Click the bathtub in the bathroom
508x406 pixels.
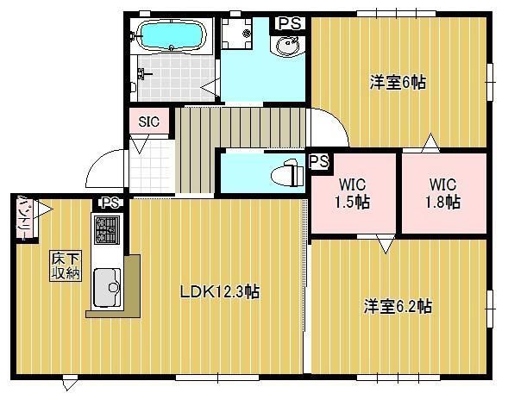[x=171, y=37]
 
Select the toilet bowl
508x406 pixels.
[x=285, y=175]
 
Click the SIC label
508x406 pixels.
[x=148, y=122]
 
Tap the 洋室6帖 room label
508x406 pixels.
[x=398, y=82]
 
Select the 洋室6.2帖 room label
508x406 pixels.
[x=398, y=306]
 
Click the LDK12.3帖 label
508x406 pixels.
[x=219, y=292]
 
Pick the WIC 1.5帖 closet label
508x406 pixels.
[x=352, y=194]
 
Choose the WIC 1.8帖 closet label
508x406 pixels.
[x=442, y=194]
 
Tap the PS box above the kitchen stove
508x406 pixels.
[x=109, y=203]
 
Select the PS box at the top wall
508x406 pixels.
[x=290, y=23]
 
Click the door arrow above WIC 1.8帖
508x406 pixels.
[x=429, y=141]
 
